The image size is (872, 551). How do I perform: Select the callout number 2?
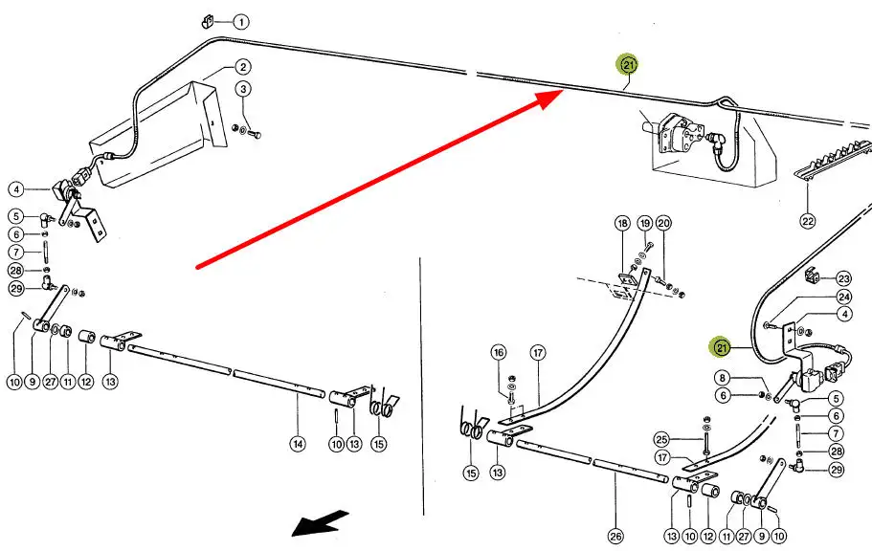click(243, 67)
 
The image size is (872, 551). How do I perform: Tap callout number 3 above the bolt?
click(244, 89)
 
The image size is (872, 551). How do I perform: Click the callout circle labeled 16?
click(498, 353)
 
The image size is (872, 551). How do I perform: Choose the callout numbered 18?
click(622, 224)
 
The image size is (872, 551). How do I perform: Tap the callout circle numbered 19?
click(644, 224)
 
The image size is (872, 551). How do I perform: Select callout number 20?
click(664, 224)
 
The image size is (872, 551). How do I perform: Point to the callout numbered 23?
click(843, 278)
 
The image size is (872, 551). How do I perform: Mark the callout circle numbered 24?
click(843, 297)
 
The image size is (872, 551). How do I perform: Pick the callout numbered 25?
click(660, 440)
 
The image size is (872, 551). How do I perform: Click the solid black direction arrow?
click(320, 523)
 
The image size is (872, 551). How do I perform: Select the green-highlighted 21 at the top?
click(628, 65)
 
